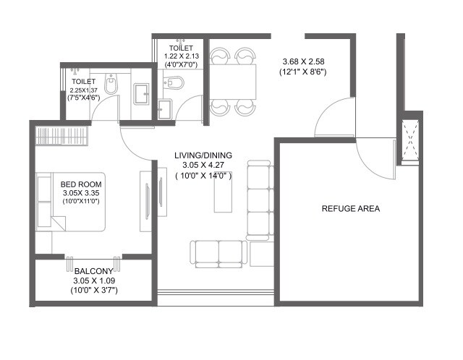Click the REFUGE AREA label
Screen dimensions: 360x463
tap(351, 209)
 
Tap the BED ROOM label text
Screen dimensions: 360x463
tap(82, 184)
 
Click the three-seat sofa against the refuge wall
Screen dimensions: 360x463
tap(257, 200)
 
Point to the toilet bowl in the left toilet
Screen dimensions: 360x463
tap(111, 87)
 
